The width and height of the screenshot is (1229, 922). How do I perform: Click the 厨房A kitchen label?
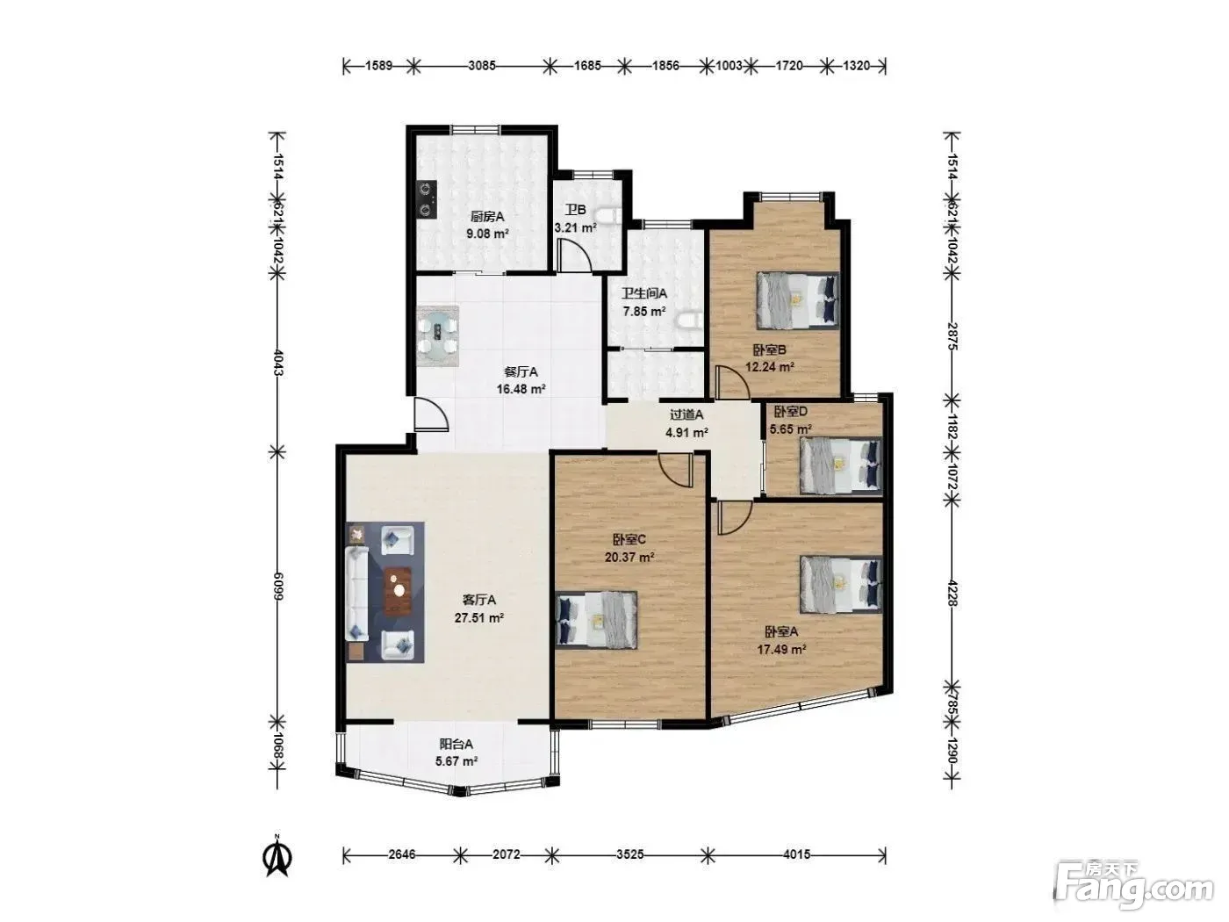coord(486,217)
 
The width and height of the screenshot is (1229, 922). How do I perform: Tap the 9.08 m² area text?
coord(487,234)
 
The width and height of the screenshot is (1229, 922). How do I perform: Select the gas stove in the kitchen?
coord(427,199)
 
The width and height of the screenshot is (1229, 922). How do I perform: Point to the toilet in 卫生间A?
coord(689,321)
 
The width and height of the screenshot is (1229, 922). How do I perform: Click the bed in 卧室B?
coord(798,300)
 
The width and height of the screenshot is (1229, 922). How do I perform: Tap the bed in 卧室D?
coord(840,465)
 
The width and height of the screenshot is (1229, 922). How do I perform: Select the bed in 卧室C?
coord(597,620)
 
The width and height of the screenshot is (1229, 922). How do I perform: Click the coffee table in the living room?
coord(398,591)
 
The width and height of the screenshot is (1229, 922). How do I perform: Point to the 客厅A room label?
coord(478,601)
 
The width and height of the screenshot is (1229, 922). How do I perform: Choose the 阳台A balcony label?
coord(456,744)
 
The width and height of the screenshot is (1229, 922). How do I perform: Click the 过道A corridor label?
coord(686,414)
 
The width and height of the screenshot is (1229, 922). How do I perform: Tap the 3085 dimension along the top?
coord(482,66)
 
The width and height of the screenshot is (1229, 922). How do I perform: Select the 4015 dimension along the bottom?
coord(796,854)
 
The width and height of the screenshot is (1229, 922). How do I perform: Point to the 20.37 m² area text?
coord(629,557)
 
